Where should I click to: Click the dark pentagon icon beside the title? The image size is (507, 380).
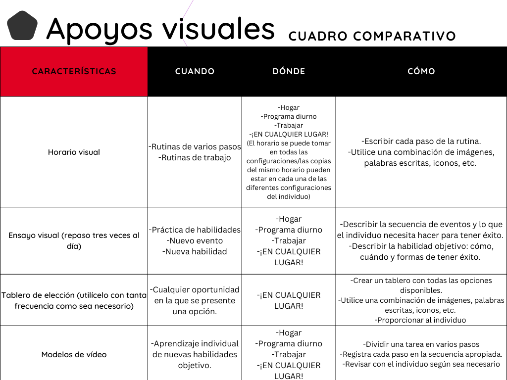pos(22,26)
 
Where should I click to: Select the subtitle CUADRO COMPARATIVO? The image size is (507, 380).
pos(372,36)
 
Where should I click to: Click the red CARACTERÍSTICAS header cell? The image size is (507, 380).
pos(74,71)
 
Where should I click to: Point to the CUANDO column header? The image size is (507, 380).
pos(195,71)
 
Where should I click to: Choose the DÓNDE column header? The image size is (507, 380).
pos(289,71)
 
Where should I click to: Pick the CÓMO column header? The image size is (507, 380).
pos(421,71)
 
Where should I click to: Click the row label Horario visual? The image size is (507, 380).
pos(74,152)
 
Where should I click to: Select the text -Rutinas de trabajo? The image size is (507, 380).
pos(195,158)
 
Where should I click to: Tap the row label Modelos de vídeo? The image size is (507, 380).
pos(74,354)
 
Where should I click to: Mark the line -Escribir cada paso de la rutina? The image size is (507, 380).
pos(421,141)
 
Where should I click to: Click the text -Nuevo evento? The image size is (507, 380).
pos(195,240)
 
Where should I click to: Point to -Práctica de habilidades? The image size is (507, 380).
pos(195,230)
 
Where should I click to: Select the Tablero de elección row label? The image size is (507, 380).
pos(74,300)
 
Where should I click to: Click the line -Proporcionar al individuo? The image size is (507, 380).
pos(421,320)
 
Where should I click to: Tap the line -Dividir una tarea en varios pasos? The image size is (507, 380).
pos(421,344)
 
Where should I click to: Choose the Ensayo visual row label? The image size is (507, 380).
pos(74,240)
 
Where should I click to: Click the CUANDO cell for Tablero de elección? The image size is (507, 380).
pos(195,300)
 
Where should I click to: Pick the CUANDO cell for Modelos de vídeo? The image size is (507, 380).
pos(195,354)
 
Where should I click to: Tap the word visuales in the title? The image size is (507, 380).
pos(219,28)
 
